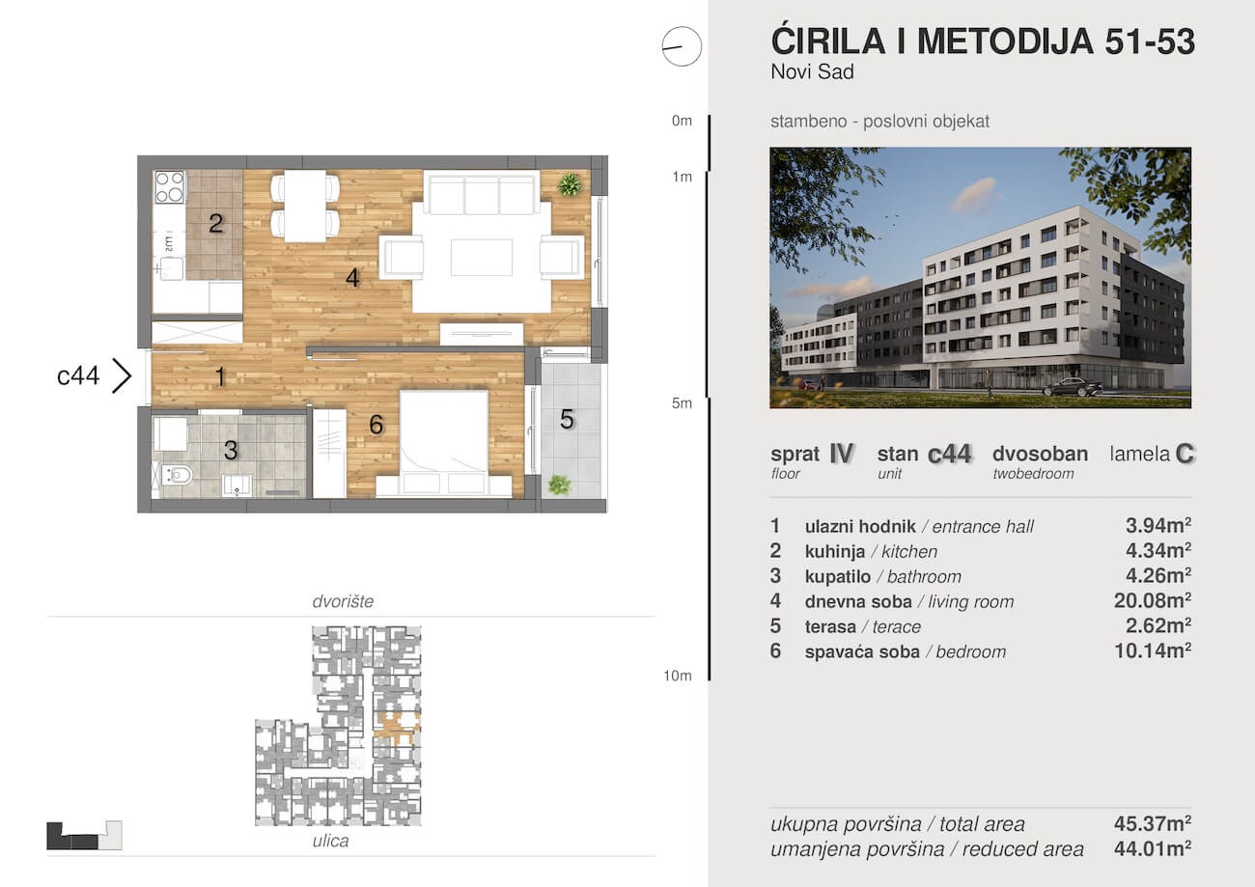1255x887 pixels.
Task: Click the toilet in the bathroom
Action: tap(175, 476)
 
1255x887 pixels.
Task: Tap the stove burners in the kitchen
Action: tap(169, 187)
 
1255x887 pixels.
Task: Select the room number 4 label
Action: tap(352, 278)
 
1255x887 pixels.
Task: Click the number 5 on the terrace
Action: tap(567, 420)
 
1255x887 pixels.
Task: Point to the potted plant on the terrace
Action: tap(559, 485)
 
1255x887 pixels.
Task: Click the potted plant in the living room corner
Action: tap(570, 184)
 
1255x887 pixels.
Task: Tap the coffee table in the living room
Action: tap(482, 258)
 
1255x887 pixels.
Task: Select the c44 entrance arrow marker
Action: tap(122, 375)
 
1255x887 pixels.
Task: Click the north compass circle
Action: tap(682, 46)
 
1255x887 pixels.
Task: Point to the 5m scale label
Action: tap(682, 403)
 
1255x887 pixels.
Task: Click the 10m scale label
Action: tap(678, 676)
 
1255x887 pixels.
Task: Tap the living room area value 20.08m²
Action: tap(1153, 601)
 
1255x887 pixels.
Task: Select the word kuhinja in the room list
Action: tap(835, 551)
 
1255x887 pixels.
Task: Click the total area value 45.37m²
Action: tap(1153, 823)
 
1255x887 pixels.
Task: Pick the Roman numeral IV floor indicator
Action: tap(842, 454)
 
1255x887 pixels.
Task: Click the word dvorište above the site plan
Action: tap(343, 601)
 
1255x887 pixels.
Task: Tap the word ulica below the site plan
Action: tap(330, 841)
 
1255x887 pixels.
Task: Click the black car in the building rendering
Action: tap(1073, 386)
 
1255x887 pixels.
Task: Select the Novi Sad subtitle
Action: tap(813, 71)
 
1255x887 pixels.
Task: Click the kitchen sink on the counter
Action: tap(170, 268)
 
